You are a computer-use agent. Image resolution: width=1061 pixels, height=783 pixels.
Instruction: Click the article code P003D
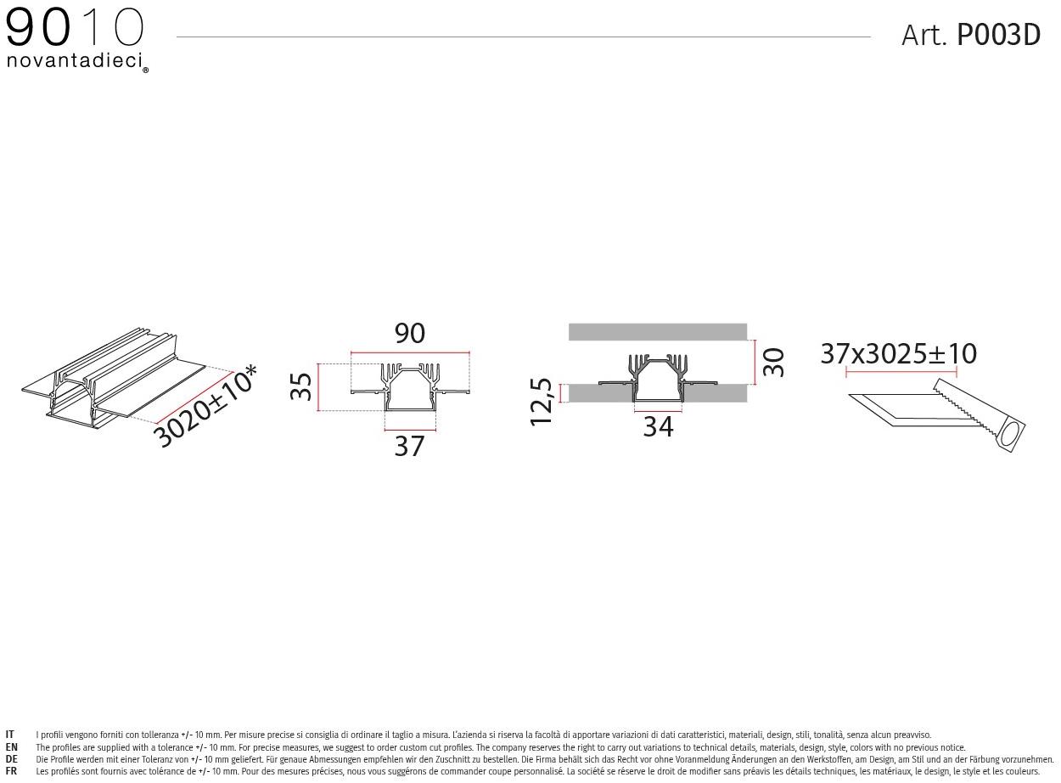[998, 35]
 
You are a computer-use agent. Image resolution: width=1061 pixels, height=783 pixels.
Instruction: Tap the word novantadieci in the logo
[75, 60]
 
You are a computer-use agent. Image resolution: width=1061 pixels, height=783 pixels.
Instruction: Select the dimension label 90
[410, 333]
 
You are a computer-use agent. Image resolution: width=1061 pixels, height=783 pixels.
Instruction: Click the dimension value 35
[300, 386]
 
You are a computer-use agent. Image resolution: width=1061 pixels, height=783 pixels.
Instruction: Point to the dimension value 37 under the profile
[410, 446]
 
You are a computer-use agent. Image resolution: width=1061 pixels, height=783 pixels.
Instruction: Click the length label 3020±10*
[206, 407]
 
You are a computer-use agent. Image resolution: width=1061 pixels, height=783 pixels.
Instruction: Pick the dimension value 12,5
[541, 402]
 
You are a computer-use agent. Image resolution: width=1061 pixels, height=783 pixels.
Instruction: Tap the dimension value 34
[659, 426]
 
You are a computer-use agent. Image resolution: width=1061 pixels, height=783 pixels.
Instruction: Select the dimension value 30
[774, 363]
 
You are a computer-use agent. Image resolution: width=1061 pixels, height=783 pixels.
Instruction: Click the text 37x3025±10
[899, 353]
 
